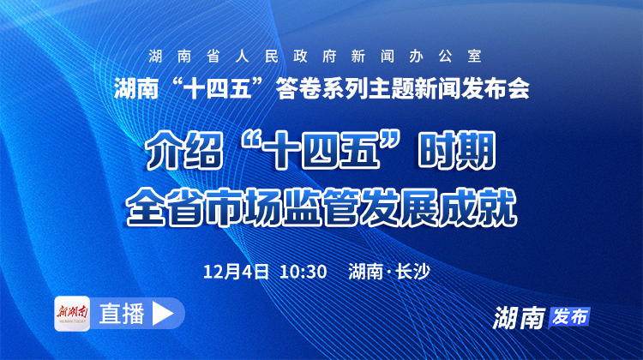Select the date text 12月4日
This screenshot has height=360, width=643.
click(237, 272)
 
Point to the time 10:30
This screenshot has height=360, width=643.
click(303, 272)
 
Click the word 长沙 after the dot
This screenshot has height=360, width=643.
click(411, 272)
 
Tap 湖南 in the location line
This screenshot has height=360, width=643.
click(367, 272)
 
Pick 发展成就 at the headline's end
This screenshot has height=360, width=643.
click(438, 205)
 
